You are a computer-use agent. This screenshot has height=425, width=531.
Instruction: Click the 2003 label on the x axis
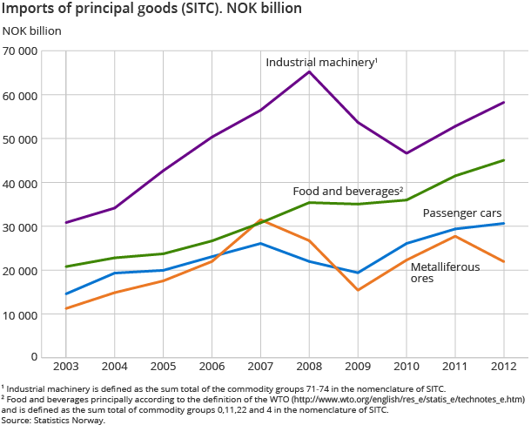pos(66,368)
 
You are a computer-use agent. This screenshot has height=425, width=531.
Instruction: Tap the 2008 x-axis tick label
pos(309,368)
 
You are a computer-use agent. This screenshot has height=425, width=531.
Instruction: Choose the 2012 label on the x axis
pos(503,368)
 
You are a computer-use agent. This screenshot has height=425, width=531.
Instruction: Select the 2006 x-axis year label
pos(212,368)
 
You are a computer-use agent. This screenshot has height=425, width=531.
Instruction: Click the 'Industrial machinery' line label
pos(320,63)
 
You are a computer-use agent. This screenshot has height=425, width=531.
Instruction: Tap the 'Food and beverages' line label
pos(346,191)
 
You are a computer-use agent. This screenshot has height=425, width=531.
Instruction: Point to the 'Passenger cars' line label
pos(461,212)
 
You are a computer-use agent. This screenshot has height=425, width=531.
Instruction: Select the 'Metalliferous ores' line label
pos(445,273)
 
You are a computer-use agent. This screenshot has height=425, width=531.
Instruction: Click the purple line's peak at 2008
pos(309,71)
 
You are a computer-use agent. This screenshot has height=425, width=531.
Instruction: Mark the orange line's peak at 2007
pos(260,220)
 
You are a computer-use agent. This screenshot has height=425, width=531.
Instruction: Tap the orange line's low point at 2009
pos(358,290)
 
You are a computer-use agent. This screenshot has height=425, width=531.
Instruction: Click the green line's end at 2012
pos(503,160)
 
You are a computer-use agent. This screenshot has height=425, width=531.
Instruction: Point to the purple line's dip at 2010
pos(407,153)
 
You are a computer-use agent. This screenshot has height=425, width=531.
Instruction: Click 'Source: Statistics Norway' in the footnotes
pos(53,420)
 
